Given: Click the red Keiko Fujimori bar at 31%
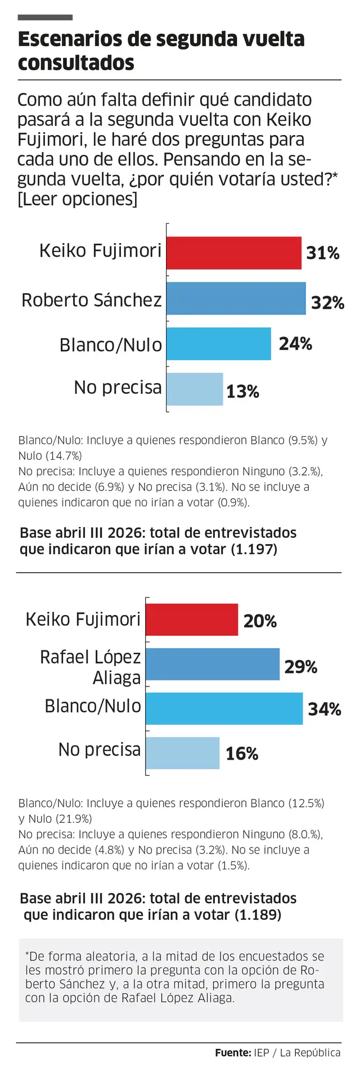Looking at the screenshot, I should [234, 253].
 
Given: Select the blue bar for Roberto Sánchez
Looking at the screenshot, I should [236, 299].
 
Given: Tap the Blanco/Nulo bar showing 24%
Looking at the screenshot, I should [219, 344].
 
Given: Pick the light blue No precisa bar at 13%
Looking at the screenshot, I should [195, 389].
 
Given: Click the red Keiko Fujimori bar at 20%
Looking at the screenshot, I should [192, 619].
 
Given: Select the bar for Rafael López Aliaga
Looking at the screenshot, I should [213, 664].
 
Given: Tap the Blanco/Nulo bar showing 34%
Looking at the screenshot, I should [224, 708].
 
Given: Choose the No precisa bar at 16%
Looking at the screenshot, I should [183, 753].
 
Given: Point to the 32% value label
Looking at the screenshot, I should [327, 303].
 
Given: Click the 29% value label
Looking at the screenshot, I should [300, 667].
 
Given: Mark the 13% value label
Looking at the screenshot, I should [242, 392].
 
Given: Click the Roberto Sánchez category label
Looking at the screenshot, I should [92, 300].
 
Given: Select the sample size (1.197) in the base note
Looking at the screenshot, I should [254, 549].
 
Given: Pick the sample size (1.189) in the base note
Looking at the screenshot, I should [258, 915].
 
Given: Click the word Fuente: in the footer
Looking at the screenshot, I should [232, 1053].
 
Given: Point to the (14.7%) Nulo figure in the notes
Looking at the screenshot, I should [64, 456].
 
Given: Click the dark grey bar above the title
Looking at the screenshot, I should [45, 17].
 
